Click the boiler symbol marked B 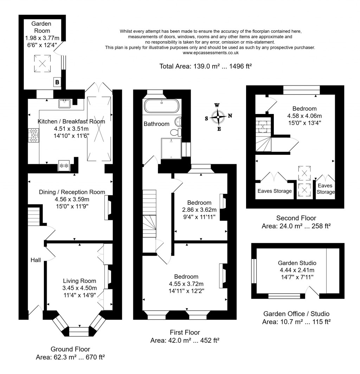[x=57, y=82]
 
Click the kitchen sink [x=64, y=103]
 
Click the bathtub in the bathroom [x=162, y=106]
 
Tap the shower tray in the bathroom [x=171, y=148]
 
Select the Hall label [x=36, y=260]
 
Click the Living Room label [x=79, y=281]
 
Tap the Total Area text [x=206, y=66]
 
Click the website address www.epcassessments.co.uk [x=211, y=52]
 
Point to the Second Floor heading [x=296, y=218]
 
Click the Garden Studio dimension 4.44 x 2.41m [x=297, y=270]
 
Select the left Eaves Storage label [x=275, y=191]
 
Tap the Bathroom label [x=156, y=124]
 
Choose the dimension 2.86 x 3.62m [x=199, y=210]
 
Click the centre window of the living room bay [x=79, y=331]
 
